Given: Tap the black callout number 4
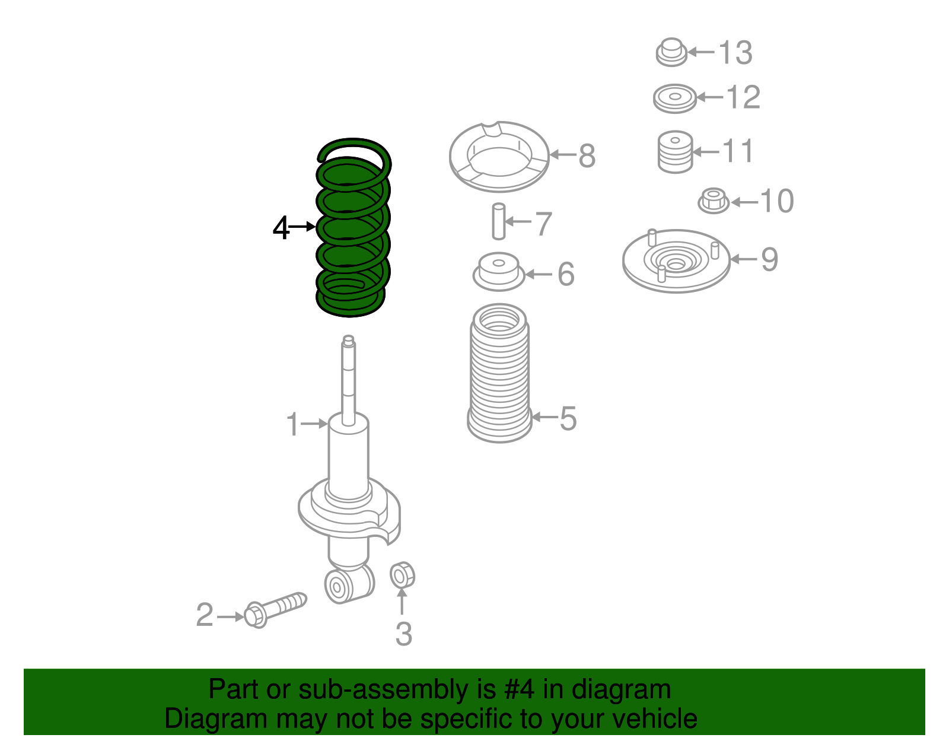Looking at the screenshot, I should click(281, 228).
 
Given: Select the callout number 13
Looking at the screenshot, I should click(735, 53).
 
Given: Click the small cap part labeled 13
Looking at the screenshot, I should click(671, 52).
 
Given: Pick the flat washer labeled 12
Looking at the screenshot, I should click(674, 98).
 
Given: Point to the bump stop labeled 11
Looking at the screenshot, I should click(675, 152).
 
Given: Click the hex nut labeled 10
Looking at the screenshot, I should click(714, 201).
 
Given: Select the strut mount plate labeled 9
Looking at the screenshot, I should click(676, 261).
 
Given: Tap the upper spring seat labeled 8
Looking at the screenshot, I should click(499, 157).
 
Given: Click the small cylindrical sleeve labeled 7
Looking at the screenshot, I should click(499, 221).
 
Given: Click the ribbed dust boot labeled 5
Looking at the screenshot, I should click(499, 374).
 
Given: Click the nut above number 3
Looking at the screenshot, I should click(402, 575).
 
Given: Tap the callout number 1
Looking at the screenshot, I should click(292, 425).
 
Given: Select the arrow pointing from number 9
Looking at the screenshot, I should click(744, 259).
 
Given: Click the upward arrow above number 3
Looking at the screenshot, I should click(402, 603).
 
